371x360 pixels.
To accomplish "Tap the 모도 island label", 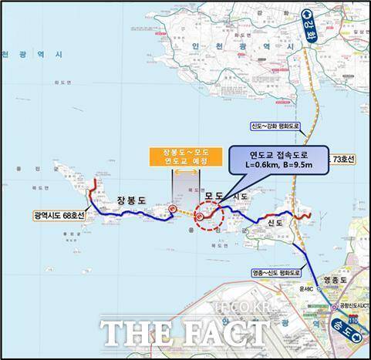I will (212, 197).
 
